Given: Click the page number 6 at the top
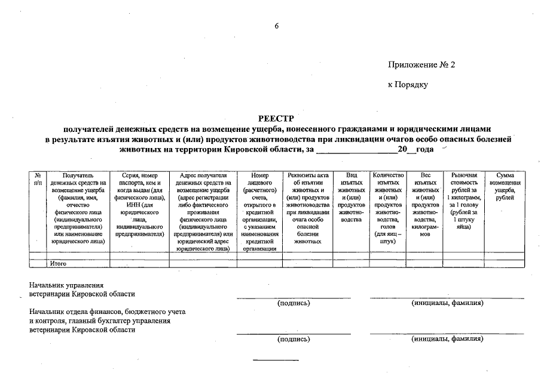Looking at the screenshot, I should (x=277, y=26).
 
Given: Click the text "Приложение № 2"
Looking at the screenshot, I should (x=421, y=64).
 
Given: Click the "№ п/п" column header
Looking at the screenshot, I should (x=38, y=178).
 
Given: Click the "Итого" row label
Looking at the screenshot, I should (x=58, y=263).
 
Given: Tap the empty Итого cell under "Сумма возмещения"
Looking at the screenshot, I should (x=505, y=263).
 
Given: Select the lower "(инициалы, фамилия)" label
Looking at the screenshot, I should (x=447, y=339).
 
